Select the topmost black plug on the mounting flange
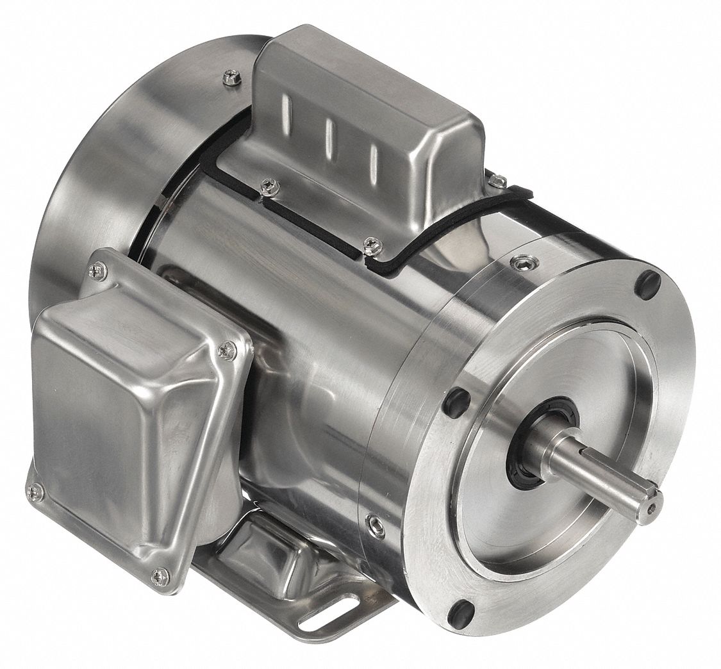[647, 282]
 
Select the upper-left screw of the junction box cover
[97, 272]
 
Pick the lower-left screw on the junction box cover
[35, 491]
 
